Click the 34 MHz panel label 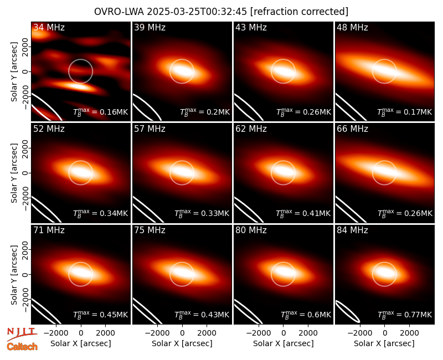click(49, 27)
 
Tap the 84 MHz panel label click(352, 230)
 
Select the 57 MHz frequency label click(150, 129)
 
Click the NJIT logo click(22, 333)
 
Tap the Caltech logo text click(22, 347)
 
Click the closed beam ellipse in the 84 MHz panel click(348, 311)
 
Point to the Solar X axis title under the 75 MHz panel click(182, 343)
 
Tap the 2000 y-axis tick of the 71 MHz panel click(25, 250)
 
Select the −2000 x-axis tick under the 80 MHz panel click(259, 333)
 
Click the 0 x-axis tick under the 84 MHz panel click(384, 333)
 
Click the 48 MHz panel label click(352, 27)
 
